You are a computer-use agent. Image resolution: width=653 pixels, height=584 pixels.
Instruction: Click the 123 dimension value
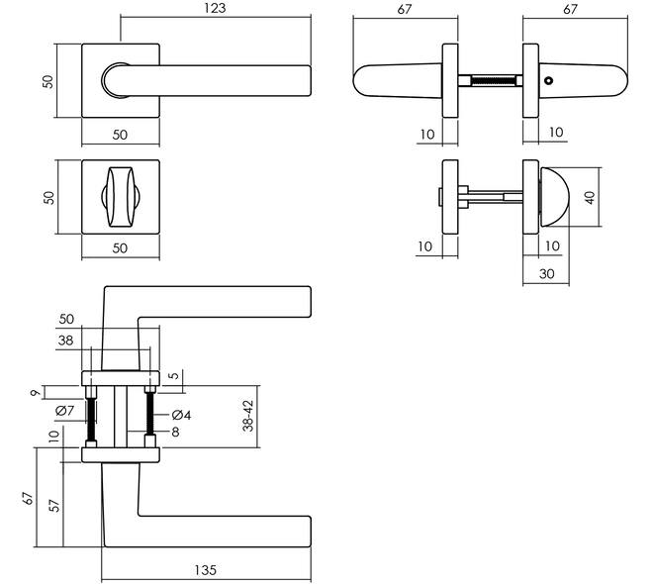tap(215, 8)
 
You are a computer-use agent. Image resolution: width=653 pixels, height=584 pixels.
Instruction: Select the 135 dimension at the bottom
tap(206, 570)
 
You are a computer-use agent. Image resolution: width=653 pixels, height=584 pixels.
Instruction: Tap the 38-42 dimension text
tap(248, 416)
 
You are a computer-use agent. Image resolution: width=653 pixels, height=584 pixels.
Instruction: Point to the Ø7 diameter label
tap(64, 411)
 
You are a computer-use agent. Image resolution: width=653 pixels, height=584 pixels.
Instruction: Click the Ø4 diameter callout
tap(181, 415)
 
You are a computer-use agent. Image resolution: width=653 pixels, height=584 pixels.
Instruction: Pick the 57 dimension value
tap(54, 505)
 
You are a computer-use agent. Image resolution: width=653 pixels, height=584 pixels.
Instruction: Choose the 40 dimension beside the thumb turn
tap(590, 197)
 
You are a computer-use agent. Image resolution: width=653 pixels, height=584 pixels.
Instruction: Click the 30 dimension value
tap(546, 273)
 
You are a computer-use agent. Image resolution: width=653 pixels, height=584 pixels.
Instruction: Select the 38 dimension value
tap(65, 341)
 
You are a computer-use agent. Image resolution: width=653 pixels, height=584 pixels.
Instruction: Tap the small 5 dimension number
tap(175, 375)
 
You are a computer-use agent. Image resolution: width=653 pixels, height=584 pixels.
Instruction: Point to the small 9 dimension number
tap(37, 392)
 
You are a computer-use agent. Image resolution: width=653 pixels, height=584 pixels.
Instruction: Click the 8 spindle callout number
tap(175, 432)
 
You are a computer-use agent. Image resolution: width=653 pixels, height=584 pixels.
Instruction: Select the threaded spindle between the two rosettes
tap(491, 80)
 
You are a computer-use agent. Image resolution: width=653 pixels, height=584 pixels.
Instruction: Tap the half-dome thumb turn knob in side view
tap(554, 197)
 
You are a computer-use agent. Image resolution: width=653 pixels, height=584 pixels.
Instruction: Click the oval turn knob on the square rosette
tap(121, 197)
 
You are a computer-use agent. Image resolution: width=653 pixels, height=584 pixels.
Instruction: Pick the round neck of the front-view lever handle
tap(116, 80)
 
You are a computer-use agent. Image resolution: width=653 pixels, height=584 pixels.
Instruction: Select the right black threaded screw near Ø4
tap(150, 414)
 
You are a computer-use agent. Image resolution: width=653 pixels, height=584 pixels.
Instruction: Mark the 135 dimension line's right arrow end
tap(311, 579)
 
